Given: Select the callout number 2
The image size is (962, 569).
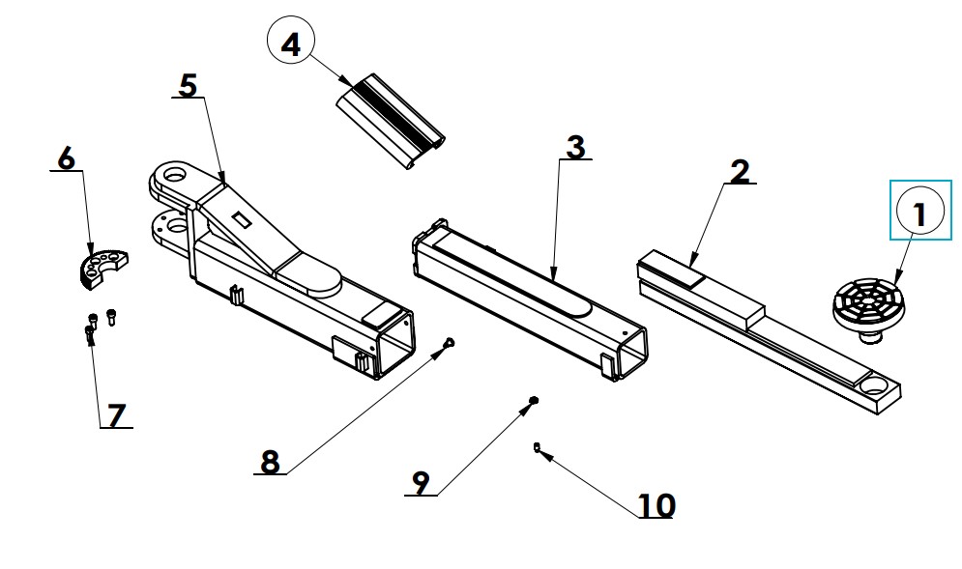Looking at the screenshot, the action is (741, 172).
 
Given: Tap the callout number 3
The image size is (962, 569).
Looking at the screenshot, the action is (575, 147).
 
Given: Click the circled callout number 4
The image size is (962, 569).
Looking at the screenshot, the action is (290, 42).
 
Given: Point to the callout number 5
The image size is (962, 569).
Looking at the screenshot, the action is (189, 85).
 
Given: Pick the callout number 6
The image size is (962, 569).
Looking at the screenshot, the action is (67, 158).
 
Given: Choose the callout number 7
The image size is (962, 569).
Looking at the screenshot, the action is (116, 415).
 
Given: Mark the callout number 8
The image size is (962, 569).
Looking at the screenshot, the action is (270, 462).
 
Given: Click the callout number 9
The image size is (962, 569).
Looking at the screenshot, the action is (421, 483).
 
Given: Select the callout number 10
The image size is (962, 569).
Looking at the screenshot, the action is (656, 506).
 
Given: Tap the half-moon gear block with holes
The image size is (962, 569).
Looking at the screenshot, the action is (103, 267).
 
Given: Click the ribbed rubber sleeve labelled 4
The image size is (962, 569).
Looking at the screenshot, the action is (391, 121).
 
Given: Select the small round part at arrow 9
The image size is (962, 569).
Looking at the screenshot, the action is (533, 400).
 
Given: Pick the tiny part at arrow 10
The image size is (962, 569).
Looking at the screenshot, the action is (537, 446).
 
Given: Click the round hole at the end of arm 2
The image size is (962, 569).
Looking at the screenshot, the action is (874, 386).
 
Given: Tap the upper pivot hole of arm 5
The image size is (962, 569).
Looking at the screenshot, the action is (176, 174).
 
